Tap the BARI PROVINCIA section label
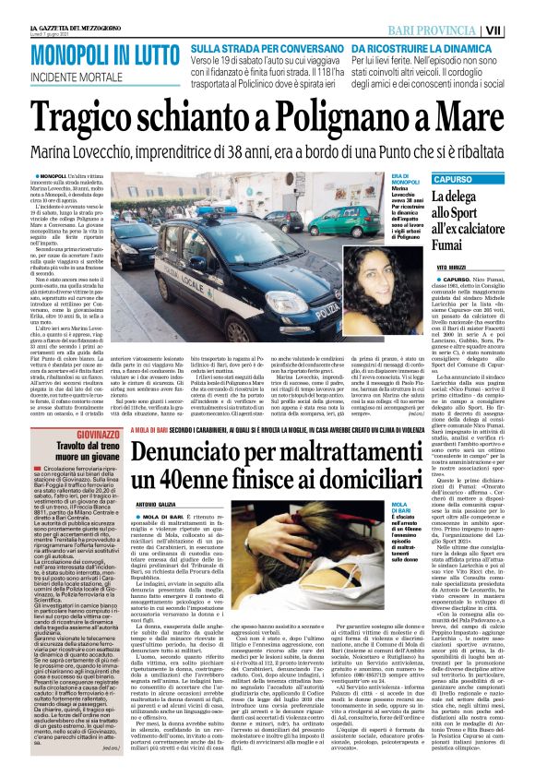pos(458,30)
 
